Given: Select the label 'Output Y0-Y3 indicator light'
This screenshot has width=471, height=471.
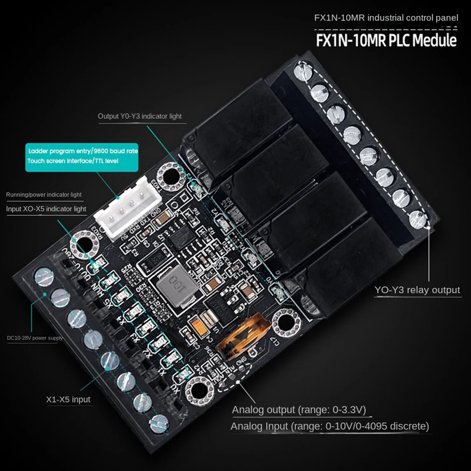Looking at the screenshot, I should (x=140, y=117).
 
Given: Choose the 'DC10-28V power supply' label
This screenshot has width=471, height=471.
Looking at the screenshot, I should (x=34, y=338).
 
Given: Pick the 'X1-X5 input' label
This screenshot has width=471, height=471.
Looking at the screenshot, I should (x=68, y=399).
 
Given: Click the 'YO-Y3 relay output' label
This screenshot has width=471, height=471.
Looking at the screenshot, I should (x=417, y=290).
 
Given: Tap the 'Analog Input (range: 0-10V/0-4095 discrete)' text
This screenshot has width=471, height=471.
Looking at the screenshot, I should (x=330, y=426).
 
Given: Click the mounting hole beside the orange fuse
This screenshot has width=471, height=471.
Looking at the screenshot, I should (x=287, y=323).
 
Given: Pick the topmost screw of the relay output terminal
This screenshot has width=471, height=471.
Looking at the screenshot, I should (x=302, y=74).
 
